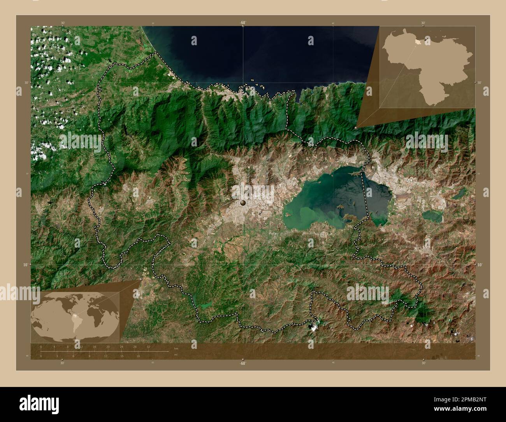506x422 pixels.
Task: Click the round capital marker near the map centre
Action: (243, 202)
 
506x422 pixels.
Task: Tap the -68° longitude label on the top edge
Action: (242, 23)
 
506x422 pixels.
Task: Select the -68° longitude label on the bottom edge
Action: (242, 363)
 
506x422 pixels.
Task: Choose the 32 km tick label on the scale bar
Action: (148, 346)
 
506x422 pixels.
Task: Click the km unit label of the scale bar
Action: (176, 348)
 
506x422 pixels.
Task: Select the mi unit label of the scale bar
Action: (176, 355)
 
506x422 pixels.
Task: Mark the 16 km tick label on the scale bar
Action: (94, 346)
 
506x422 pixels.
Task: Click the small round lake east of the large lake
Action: (432, 216)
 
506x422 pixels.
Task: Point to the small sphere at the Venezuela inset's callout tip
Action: (356, 127)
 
